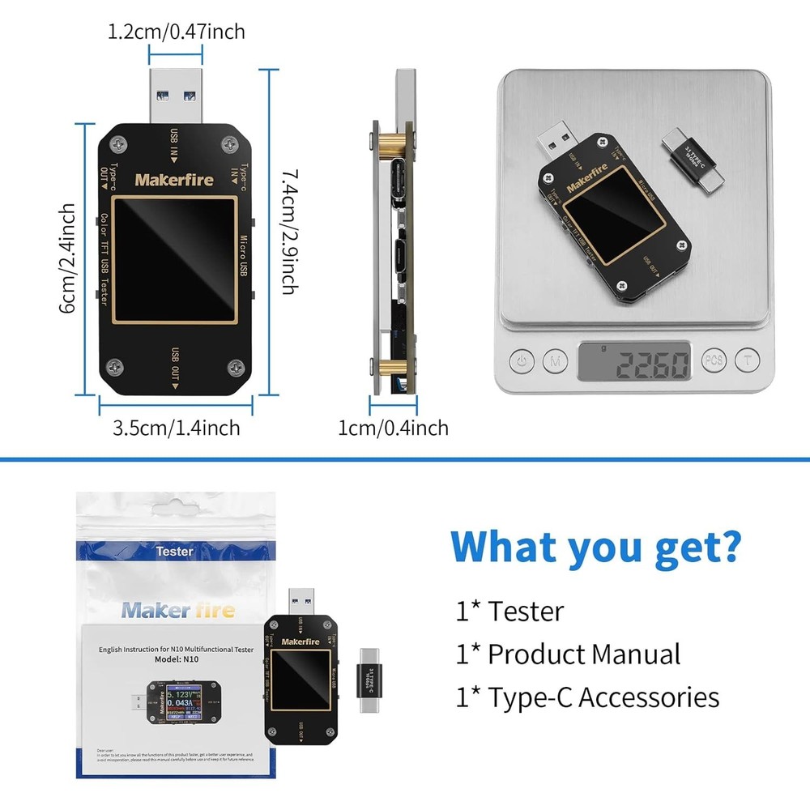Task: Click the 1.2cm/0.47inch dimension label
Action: pyautogui.click(x=176, y=32)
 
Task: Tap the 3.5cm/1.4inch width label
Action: pyautogui.click(x=176, y=427)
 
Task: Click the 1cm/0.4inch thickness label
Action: pyautogui.click(x=393, y=427)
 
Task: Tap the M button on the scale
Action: pyautogui.click(x=554, y=360)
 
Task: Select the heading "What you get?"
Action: pyautogui.click(x=595, y=547)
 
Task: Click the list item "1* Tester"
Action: pyautogui.click(x=510, y=611)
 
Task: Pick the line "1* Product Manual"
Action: pyautogui.click(x=568, y=654)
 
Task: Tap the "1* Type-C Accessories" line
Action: pyautogui.click(x=587, y=697)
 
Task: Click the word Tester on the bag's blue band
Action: pyautogui.click(x=174, y=551)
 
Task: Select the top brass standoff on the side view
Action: pyautogui.click(x=390, y=143)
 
